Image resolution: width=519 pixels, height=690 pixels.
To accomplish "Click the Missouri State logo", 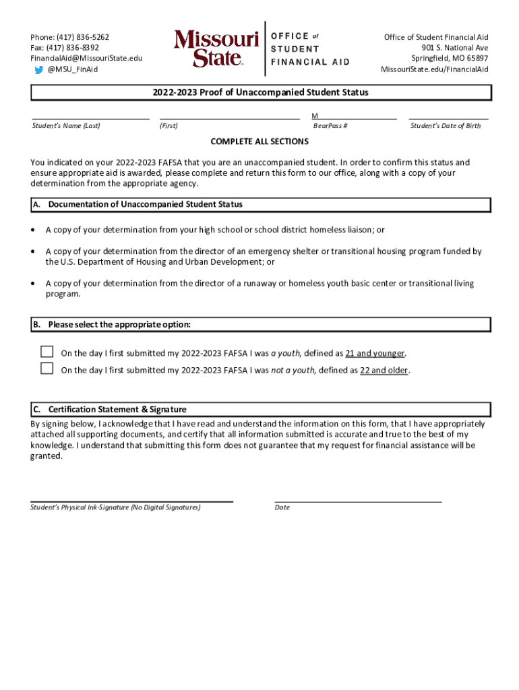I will click(216, 48).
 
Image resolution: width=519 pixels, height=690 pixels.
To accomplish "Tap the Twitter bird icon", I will click(39, 69).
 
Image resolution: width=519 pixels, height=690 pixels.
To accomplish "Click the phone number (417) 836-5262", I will click(84, 37).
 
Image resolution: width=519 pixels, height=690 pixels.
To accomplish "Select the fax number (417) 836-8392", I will click(76, 48).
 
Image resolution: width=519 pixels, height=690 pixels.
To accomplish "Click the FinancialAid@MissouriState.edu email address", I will click(86, 59).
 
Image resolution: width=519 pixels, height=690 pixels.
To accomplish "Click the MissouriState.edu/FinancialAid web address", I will click(434, 69).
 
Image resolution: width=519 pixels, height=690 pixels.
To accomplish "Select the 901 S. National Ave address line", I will click(455, 48).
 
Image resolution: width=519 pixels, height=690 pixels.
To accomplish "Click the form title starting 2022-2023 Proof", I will click(259, 92).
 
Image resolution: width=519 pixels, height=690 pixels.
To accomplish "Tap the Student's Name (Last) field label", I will click(66, 126).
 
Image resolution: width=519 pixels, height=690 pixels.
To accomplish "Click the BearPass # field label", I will click(330, 126).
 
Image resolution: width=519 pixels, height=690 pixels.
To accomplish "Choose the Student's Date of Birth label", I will click(446, 126).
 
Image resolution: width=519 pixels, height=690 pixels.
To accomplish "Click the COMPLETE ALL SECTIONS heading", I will click(259, 142).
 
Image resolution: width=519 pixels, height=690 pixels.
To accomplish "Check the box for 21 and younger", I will click(47, 352).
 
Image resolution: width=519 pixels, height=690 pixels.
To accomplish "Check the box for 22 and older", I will click(47, 369).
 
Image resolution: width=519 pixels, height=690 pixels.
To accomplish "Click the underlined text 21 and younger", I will click(375, 353).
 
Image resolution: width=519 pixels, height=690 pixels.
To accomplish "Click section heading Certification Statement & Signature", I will click(117, 409).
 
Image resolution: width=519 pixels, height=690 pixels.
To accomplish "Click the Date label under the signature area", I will click(282, 507).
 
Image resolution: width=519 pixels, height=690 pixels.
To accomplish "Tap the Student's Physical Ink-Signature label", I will click(115, 507).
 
